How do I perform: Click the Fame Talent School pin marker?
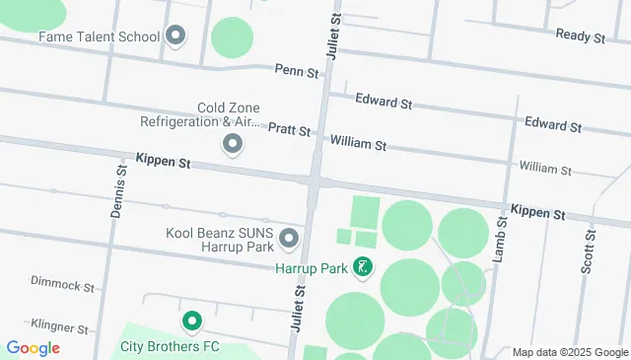tap(176, 37)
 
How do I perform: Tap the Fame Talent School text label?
tap(99, 37)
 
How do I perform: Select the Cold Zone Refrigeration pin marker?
tap(234, 145)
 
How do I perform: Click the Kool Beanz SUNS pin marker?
tap(289, 239)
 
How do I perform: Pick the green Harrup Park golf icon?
tap(364, 266)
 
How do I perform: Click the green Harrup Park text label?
tap(315, 267)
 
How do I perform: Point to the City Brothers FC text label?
tap(169, 346)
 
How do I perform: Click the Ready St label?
tap(580, 36)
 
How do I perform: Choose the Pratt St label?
tap(289, 130)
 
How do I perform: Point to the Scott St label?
tap(589, 252)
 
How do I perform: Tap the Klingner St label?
tap(59, 324)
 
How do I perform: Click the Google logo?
tap(33, 348)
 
